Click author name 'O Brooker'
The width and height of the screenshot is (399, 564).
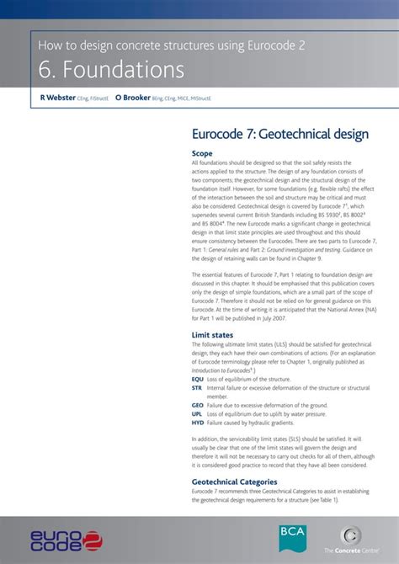(133, 98)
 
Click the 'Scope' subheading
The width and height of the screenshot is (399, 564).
(202, 153)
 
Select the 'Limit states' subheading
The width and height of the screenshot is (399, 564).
(212, 335)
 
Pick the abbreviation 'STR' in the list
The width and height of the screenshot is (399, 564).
(197, 388)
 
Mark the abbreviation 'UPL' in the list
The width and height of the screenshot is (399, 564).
(197, 414)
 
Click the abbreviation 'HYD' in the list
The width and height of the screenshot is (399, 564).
(198, 423)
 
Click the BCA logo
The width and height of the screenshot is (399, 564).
(294, 537)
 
